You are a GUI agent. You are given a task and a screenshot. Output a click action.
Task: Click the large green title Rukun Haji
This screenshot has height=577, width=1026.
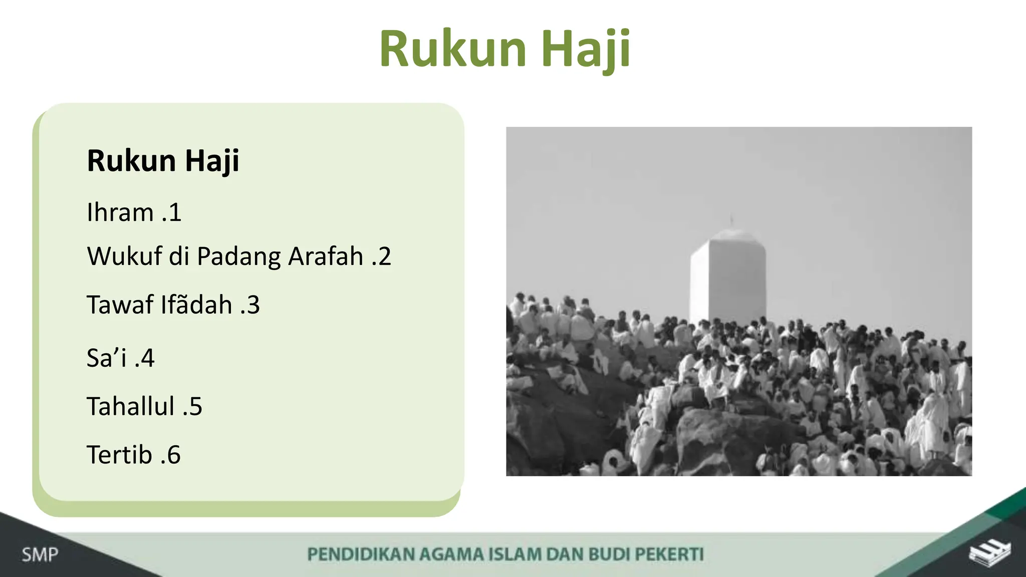click(x=504, y=49)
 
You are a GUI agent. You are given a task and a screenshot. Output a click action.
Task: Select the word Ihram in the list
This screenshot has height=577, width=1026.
click(x=120, y=212)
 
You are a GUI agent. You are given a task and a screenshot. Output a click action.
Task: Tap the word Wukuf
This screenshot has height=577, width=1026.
click(x=124, y=256)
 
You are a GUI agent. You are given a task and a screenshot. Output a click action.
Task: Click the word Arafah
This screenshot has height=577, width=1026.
click(x=326, y=256)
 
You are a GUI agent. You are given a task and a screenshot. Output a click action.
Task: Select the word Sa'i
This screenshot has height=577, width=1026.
click(x=106, y=358)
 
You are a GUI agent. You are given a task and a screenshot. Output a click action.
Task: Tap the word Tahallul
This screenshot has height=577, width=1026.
click(x=131, y=406)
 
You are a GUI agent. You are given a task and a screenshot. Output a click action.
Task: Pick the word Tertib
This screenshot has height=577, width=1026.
click(x=119, y=455)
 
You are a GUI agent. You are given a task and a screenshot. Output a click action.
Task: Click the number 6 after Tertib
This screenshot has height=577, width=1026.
click(x=174, y=455)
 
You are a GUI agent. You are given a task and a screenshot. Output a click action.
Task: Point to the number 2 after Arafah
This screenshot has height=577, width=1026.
click(x=384, y=256)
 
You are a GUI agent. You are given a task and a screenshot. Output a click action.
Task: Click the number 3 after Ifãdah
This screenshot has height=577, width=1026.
click(x=253, y=305)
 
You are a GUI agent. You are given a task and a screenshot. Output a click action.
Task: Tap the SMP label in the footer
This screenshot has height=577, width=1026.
click(x=40, y=554)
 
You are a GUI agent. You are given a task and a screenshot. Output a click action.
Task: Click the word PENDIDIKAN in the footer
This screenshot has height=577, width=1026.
click(x=361, y=554)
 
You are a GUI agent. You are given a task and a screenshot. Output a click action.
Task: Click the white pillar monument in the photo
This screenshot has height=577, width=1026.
click(x=728, y=280)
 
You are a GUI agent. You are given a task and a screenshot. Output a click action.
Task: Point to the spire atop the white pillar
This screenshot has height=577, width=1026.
click(x=731, y=221)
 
